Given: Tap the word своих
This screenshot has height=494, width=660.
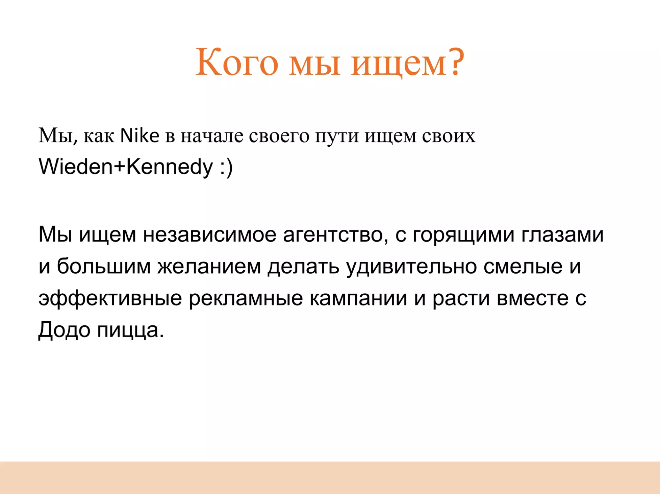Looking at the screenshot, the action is coord(449,137).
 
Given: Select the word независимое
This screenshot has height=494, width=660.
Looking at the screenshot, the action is coord(209,234).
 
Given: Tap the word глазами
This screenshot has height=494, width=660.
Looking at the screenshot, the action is coord(562,234).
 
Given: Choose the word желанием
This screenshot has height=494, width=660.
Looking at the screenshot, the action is coord(209,267).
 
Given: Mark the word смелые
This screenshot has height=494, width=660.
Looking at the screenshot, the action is coord(523,267).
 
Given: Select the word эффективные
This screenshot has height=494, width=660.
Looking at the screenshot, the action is coord(110,299).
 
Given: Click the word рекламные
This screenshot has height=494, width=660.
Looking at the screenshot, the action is coord(246,299).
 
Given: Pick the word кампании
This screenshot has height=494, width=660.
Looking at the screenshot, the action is coord(358,298).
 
